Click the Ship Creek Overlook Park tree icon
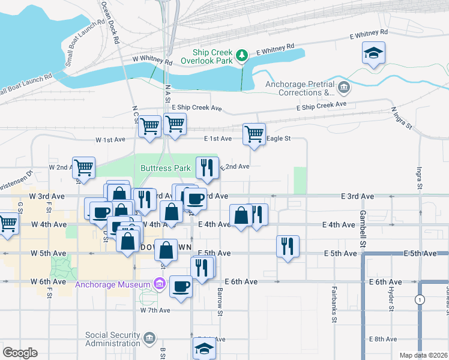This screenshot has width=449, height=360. click(242, 55)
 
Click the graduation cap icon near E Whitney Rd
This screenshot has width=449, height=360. click(373, 53)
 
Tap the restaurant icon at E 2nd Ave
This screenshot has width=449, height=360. click(207, 168)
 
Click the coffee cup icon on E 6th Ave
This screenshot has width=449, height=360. click(181, 286)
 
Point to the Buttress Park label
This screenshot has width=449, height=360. click(166, 169)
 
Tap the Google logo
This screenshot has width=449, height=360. click(20, 353)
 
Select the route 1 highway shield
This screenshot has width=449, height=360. click(420, 299)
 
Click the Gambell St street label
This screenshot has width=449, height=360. click(363, 229)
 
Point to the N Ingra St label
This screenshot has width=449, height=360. click(402, 118)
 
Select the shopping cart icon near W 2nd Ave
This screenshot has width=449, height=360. click(83, 168)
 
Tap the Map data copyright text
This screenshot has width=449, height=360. click(423, 355)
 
